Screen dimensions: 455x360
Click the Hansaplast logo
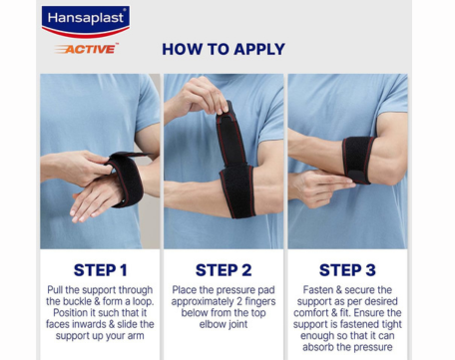(x=86, y=21)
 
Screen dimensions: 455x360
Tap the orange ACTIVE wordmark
(x=87, y=49)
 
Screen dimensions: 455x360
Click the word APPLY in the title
(x=259, y=49)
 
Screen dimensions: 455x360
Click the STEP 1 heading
(x=101, y=270)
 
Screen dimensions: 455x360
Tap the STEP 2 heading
(x=224, y=270)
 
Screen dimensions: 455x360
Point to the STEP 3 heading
(x=347, y=270)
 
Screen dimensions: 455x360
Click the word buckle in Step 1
(x=78, y=301)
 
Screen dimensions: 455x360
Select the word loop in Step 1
(x=144, y=302)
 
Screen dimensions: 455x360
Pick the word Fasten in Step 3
(x=318, y=290)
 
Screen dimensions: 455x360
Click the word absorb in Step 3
(x=317, y=347)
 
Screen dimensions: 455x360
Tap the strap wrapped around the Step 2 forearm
(x=237, y=191)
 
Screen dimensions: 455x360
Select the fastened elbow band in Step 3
(x=358, y=160)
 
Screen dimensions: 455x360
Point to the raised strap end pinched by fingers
(x=230, y=137)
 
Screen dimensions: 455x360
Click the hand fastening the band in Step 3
(x=319, y=187)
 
